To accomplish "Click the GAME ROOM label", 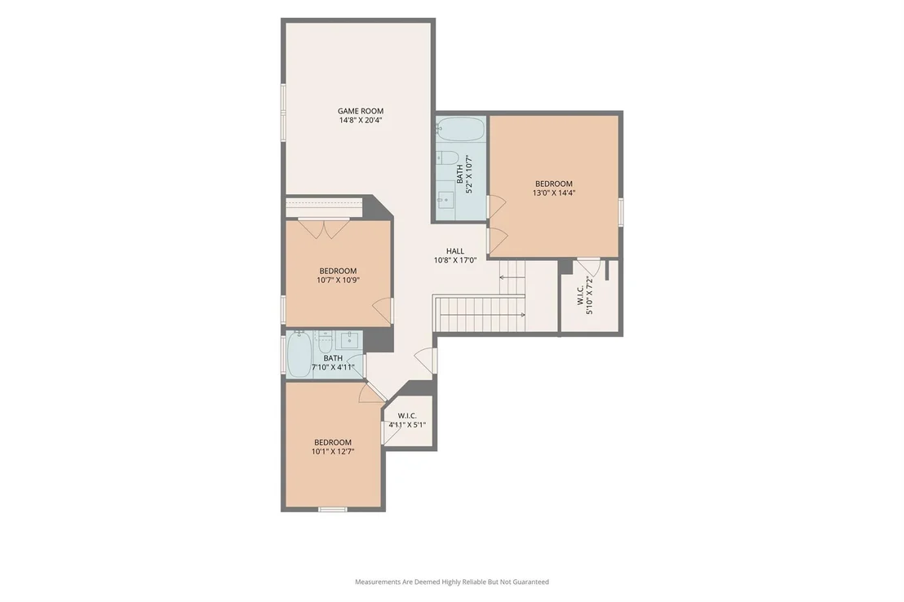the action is [361, 111].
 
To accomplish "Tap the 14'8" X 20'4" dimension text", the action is [361, 121].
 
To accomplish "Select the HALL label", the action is [455, 251].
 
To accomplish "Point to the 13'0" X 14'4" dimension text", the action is [553, 193].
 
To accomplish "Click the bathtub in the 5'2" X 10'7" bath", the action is [460, 129].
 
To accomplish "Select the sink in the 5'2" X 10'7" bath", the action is [445, 200].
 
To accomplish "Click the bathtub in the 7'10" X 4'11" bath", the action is [299, 355].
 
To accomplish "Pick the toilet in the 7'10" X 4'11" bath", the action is [326, 343].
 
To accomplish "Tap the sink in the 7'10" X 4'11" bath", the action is [349, 341].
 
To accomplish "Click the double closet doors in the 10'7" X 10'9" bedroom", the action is [324, 228].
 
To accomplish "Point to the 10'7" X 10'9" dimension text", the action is [338, 281].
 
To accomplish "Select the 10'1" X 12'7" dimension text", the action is [333, 452].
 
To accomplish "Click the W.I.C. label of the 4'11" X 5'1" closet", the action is [407, 416].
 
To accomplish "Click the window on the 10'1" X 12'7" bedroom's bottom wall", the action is [333, 509].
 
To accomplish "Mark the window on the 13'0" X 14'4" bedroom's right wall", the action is [621, 210].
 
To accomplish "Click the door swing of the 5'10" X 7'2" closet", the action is [589, 268].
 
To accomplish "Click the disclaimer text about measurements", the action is [452, 582].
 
